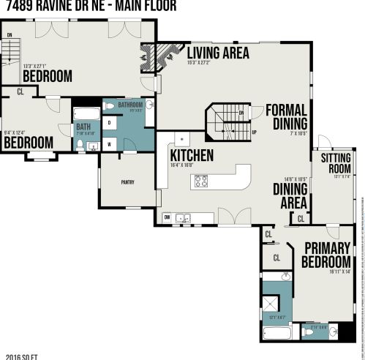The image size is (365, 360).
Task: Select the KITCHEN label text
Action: tap(192, 155)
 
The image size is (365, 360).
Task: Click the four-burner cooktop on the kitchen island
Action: tap(201, 181)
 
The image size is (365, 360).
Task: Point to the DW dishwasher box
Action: tap(168, 217)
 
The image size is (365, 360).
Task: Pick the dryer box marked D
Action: tap(109, 124)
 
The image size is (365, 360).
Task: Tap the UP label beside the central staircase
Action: tap(254, 132)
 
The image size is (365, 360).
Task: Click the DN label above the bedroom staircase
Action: tap(10, 34)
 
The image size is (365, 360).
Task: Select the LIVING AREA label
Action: tap(218, 53)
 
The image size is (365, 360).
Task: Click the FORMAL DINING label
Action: tap(286, 116)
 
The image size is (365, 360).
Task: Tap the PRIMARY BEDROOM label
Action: tap(327, 255)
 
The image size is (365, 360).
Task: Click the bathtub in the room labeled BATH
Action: tap(86, 113)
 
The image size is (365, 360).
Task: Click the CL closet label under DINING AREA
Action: tap(301, 218)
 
